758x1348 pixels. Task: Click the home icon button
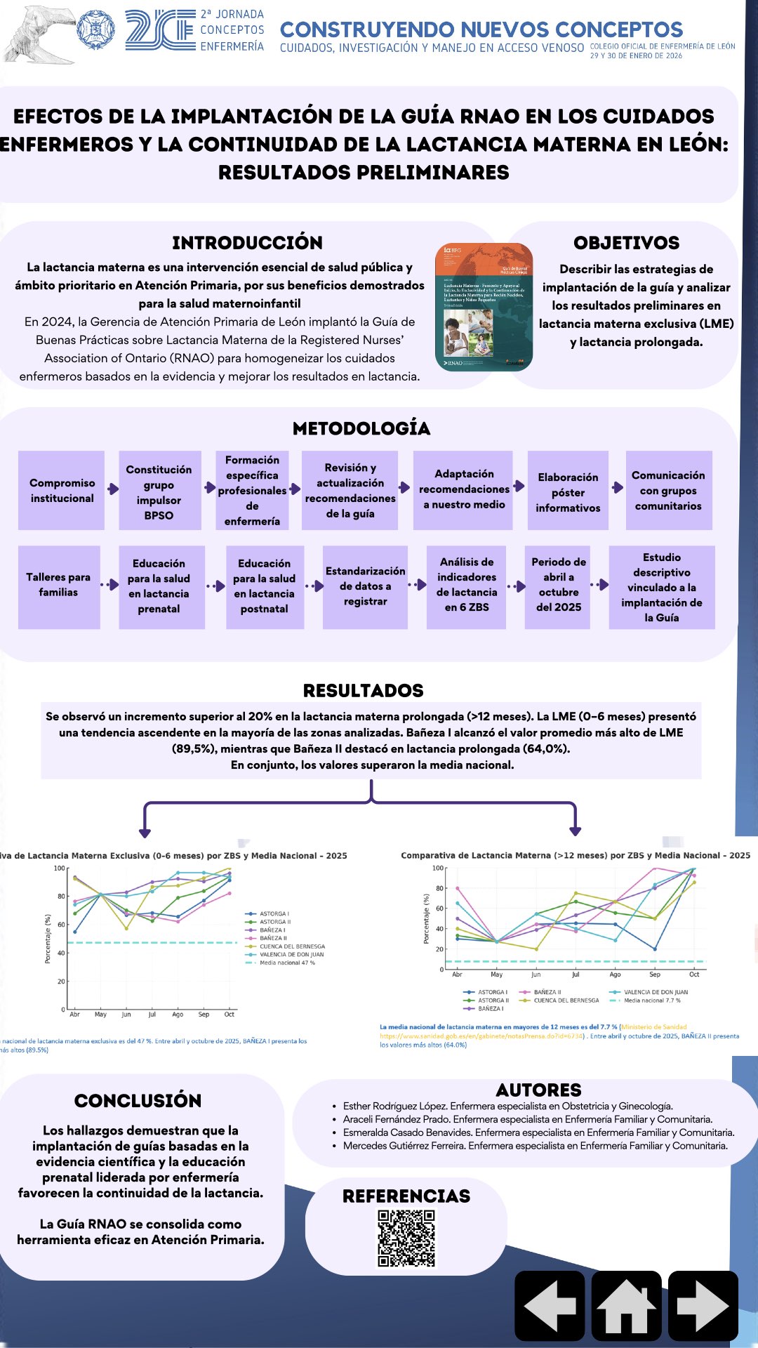(x=626, y=1305)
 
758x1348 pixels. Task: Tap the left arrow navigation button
(x=550, y=1305)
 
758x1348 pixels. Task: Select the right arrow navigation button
(x=703, y=1305)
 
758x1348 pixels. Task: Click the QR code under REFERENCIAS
(x=406, y=1238)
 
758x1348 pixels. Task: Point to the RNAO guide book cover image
(x=484, y=307)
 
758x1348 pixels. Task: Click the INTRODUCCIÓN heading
(x=247, y=243)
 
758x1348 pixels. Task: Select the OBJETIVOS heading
(x=626, y=243)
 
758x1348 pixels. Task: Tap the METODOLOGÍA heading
(x=361, y=428)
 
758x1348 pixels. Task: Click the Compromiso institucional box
(x=62, y=491)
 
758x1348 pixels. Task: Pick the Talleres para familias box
(x=59, y=586)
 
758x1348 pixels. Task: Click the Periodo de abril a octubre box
(x=559, y=586)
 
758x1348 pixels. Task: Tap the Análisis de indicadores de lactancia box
(x=467, y=586)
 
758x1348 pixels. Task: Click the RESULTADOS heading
(x=363, y=691)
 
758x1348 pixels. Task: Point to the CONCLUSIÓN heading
(x=138, y=1101)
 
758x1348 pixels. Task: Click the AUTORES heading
(x=538, y=1090)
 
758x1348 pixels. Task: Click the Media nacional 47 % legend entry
(x=287, y=963)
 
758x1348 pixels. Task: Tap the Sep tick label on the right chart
(x=654, y=974)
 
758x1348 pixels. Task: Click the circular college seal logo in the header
(x=95, y=30)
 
